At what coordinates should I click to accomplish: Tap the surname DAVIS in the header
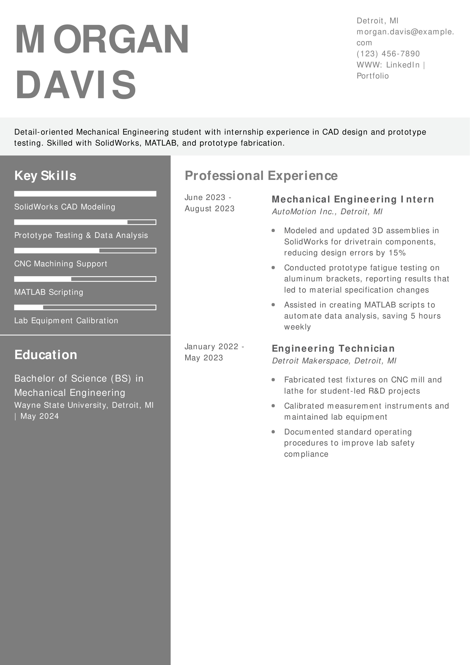pyautogui.click(x=76, y=85)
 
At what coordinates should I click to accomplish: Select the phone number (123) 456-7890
pyautogui.click(x=388, y=54)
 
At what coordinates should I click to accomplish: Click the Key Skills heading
pyautogui.click(x=45, y=176)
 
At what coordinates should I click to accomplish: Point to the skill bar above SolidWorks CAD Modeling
pyautogui.click(x=85, y=194)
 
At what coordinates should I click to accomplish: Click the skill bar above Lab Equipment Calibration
pyautogui.click(x=85, y=307)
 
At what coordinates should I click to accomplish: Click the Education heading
pyautogui.click(x=46, y=355)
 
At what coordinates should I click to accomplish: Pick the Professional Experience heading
pyautogui.click(x=261, y=176)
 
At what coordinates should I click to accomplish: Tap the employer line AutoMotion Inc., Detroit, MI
pyautogui.click(x=327, y=212)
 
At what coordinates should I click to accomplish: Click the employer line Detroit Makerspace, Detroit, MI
pyautogui.click(x=334, y=361)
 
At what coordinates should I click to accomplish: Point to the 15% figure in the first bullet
pyautogui.click(x=397, y=253)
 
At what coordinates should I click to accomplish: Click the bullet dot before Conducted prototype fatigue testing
pyautogui.click(x=273, y=268)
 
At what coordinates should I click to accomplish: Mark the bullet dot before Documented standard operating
pyautogui.click(x=273, y=432)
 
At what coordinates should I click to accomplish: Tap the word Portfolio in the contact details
pyautogui.click(x=372, y=76)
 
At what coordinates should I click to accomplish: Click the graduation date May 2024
pyautogui.click(x=40, y=416)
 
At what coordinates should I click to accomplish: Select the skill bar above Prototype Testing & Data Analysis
pyautogui.click(x=85, y=222)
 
